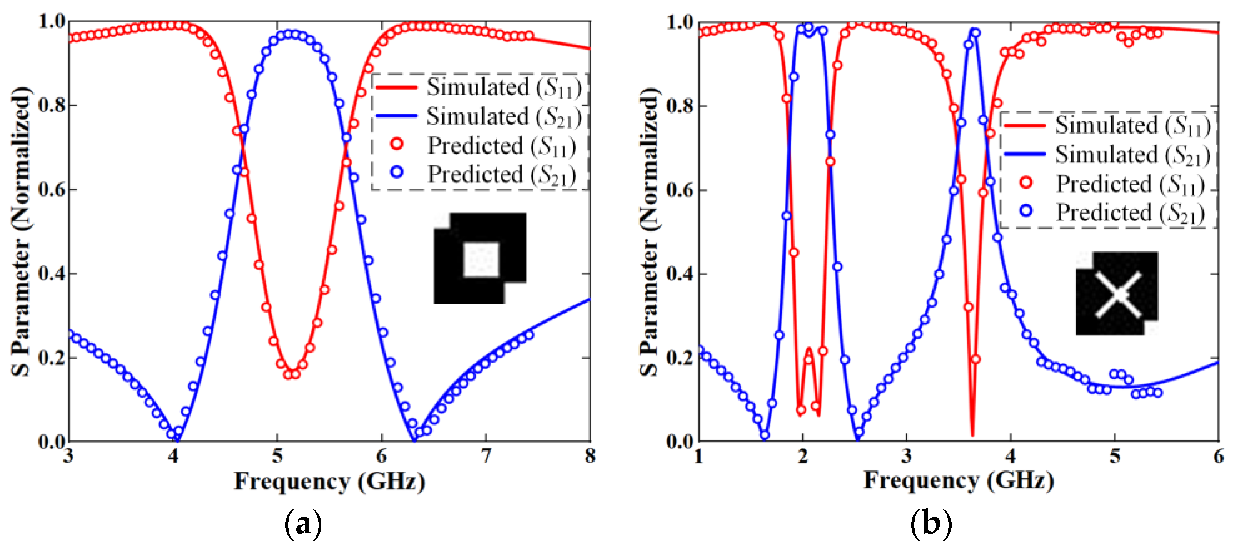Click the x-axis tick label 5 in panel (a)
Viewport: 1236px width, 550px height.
coord(277,456)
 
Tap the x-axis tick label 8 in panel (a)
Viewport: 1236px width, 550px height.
coord(590,456)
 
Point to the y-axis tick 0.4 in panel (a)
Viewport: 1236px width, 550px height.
coord(51,274)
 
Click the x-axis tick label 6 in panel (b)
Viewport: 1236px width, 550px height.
coord(1218,456)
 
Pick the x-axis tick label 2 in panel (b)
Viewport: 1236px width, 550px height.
coord(803,456)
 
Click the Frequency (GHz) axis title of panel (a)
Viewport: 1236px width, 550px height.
coord(329,481)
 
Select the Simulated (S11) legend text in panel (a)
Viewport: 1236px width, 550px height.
coord(504,87)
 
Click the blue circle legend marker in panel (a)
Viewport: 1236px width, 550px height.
coord(397,172)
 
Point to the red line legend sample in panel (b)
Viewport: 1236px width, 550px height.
coord(1025,126)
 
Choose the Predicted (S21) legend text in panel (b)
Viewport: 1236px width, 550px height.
coord(1130,212)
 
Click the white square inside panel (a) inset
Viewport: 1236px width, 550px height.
coord(481,259)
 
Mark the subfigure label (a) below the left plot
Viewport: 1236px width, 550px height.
coord(303,524)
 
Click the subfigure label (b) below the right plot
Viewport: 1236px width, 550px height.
coord(931,524)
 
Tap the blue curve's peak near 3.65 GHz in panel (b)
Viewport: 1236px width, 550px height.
coord(973,31)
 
